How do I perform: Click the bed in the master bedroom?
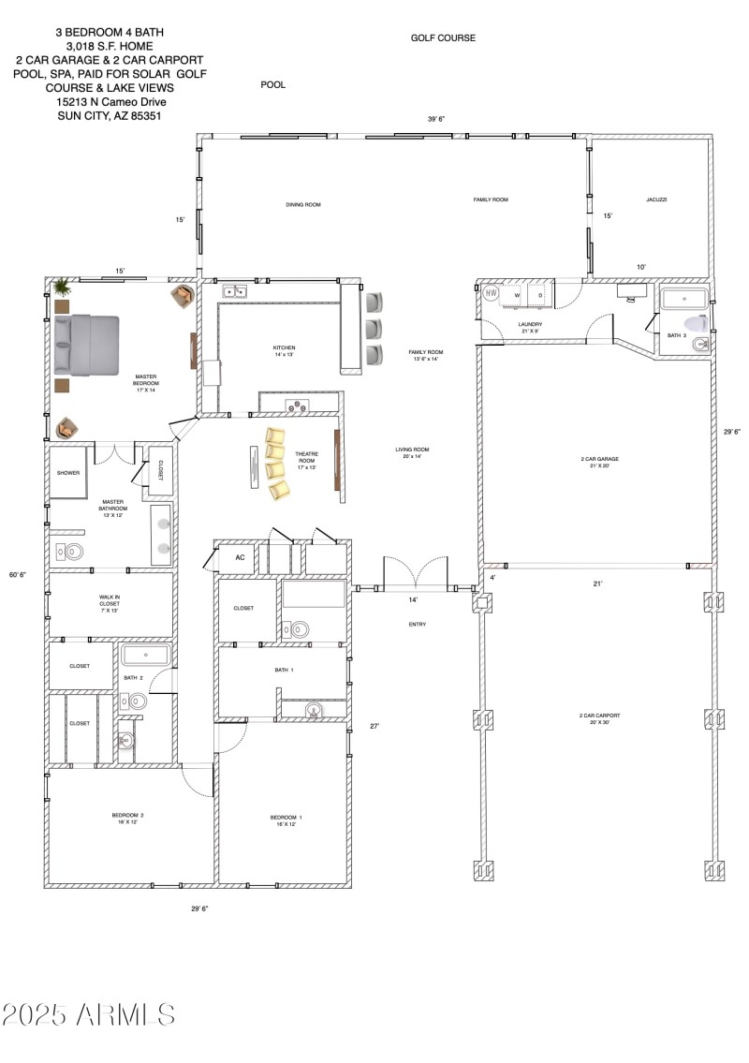click(87, 343)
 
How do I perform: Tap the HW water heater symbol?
click(492, 294)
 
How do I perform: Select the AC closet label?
click(240, 557)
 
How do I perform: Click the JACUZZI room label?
click(655, 199)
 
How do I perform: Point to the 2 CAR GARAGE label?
click(599, 462)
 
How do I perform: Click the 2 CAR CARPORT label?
click(599, 718)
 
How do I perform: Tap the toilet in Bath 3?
click(700, 345)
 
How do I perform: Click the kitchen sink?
click(234, 291)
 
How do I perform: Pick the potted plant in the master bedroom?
click(62, 286)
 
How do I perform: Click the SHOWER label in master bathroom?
click(68, 473)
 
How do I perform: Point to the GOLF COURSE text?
click(443, 38)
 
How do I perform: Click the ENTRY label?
click(418, 625)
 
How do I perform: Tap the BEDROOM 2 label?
click(127, 819)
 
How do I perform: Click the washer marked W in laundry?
click(516, 295)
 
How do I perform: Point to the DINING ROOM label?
click(303, 204)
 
